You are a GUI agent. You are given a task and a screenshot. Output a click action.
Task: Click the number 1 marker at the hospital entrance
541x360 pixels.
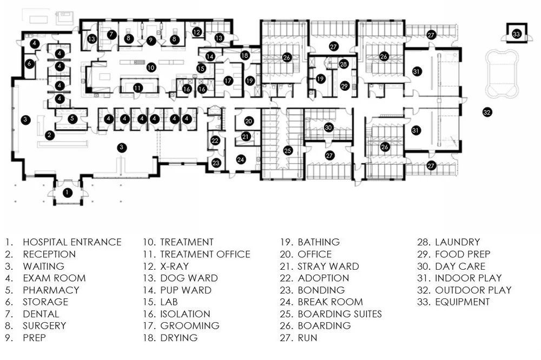coord(67,192)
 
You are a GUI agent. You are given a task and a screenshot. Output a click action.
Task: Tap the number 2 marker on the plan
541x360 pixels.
coord(50,135)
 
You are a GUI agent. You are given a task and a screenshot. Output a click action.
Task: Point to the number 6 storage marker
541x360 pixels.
coord(30,63)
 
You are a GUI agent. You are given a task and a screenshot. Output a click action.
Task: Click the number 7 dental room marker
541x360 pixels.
coord(111,35)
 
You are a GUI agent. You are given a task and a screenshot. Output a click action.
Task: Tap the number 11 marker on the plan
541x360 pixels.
coord(138,88)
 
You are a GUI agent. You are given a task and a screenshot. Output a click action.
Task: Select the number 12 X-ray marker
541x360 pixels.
coord(197,32)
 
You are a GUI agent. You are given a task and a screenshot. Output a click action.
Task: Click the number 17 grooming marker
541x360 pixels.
coord(228,80)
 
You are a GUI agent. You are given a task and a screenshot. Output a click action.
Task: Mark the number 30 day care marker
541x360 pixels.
coord(328,128)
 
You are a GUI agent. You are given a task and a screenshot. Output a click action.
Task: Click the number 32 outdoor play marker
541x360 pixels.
coord(487,112)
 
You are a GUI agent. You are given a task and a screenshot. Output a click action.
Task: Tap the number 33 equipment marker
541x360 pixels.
coord(516,34)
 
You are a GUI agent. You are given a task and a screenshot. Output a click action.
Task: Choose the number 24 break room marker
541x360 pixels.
coord(241,159)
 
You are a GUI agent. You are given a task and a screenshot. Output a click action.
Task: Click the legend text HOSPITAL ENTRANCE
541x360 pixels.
coord(72,242)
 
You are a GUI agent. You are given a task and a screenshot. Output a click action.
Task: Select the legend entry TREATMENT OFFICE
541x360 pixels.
coord(205,254)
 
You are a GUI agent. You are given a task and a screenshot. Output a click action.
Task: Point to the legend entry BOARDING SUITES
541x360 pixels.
coord(340,314)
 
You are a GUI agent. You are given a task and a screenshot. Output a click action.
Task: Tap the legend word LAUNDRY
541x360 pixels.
coord(457,242)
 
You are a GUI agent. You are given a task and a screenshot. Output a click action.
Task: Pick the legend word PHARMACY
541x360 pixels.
coord(51,290)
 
